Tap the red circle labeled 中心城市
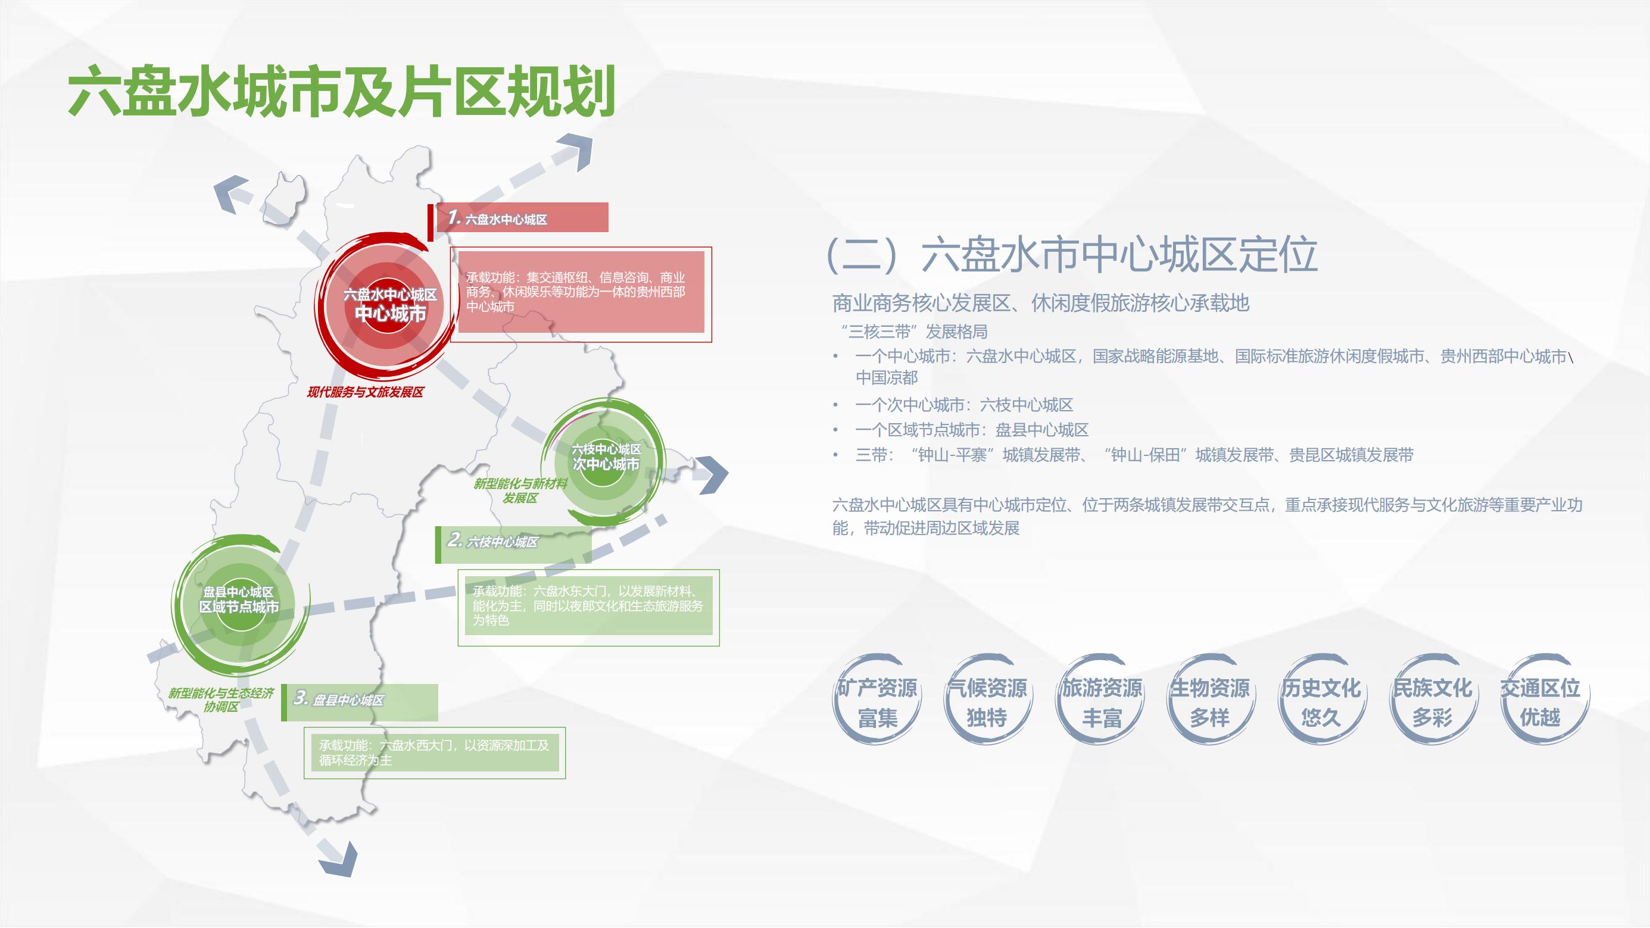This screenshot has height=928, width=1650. [389, 305]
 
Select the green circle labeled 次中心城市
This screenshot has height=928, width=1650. [606, 457]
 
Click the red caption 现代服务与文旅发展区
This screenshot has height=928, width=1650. [365, 392]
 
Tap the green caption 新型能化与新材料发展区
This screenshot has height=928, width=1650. [520, 490]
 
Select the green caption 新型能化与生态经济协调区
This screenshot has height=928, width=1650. [221, 699]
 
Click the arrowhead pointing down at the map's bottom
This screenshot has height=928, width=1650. [339, 858]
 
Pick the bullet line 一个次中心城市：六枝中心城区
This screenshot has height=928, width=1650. [963, 405]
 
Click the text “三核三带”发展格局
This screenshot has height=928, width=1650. [914, 332]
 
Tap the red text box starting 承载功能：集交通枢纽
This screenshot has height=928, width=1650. [581, 292]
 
